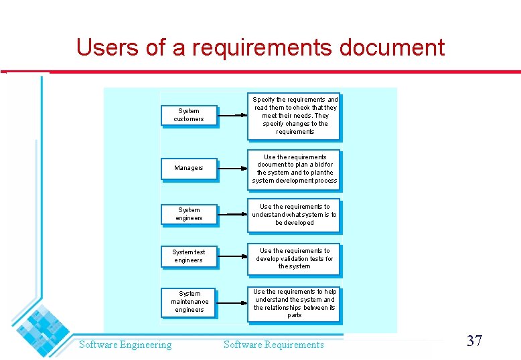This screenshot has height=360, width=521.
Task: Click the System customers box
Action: [x=189, y=115]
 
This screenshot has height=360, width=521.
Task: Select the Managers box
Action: [x=189, y=168]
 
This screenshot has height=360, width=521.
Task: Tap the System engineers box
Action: [x=189, y=214]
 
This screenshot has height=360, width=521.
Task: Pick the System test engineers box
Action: [x=189, y=256]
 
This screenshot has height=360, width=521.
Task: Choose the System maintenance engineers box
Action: [x=189, y=302]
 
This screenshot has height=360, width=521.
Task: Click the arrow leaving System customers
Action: [x=233, y=115]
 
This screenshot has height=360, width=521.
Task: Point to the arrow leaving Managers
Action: [x=233, y=169]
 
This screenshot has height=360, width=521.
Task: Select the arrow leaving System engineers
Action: [x=233, y=214]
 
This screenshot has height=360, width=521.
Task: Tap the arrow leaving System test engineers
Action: [x=233, y=256]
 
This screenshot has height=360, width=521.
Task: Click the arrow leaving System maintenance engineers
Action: [x=233, y=302]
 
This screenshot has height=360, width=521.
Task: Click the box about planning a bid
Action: [x=295, y=169]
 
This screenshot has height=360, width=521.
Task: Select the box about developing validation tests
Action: [x=295, y=258]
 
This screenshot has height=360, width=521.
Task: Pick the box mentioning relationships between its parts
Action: [x=295, y=303]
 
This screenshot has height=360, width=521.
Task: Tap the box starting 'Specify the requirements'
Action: [x=295, y=116]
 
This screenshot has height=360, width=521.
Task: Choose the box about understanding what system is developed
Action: [x=295, y=215]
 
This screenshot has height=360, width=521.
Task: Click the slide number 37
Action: [x=474, y=341]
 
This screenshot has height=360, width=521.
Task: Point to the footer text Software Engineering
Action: [x=125, y=345]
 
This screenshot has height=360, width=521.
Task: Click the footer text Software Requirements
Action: [x=273, y=345]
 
